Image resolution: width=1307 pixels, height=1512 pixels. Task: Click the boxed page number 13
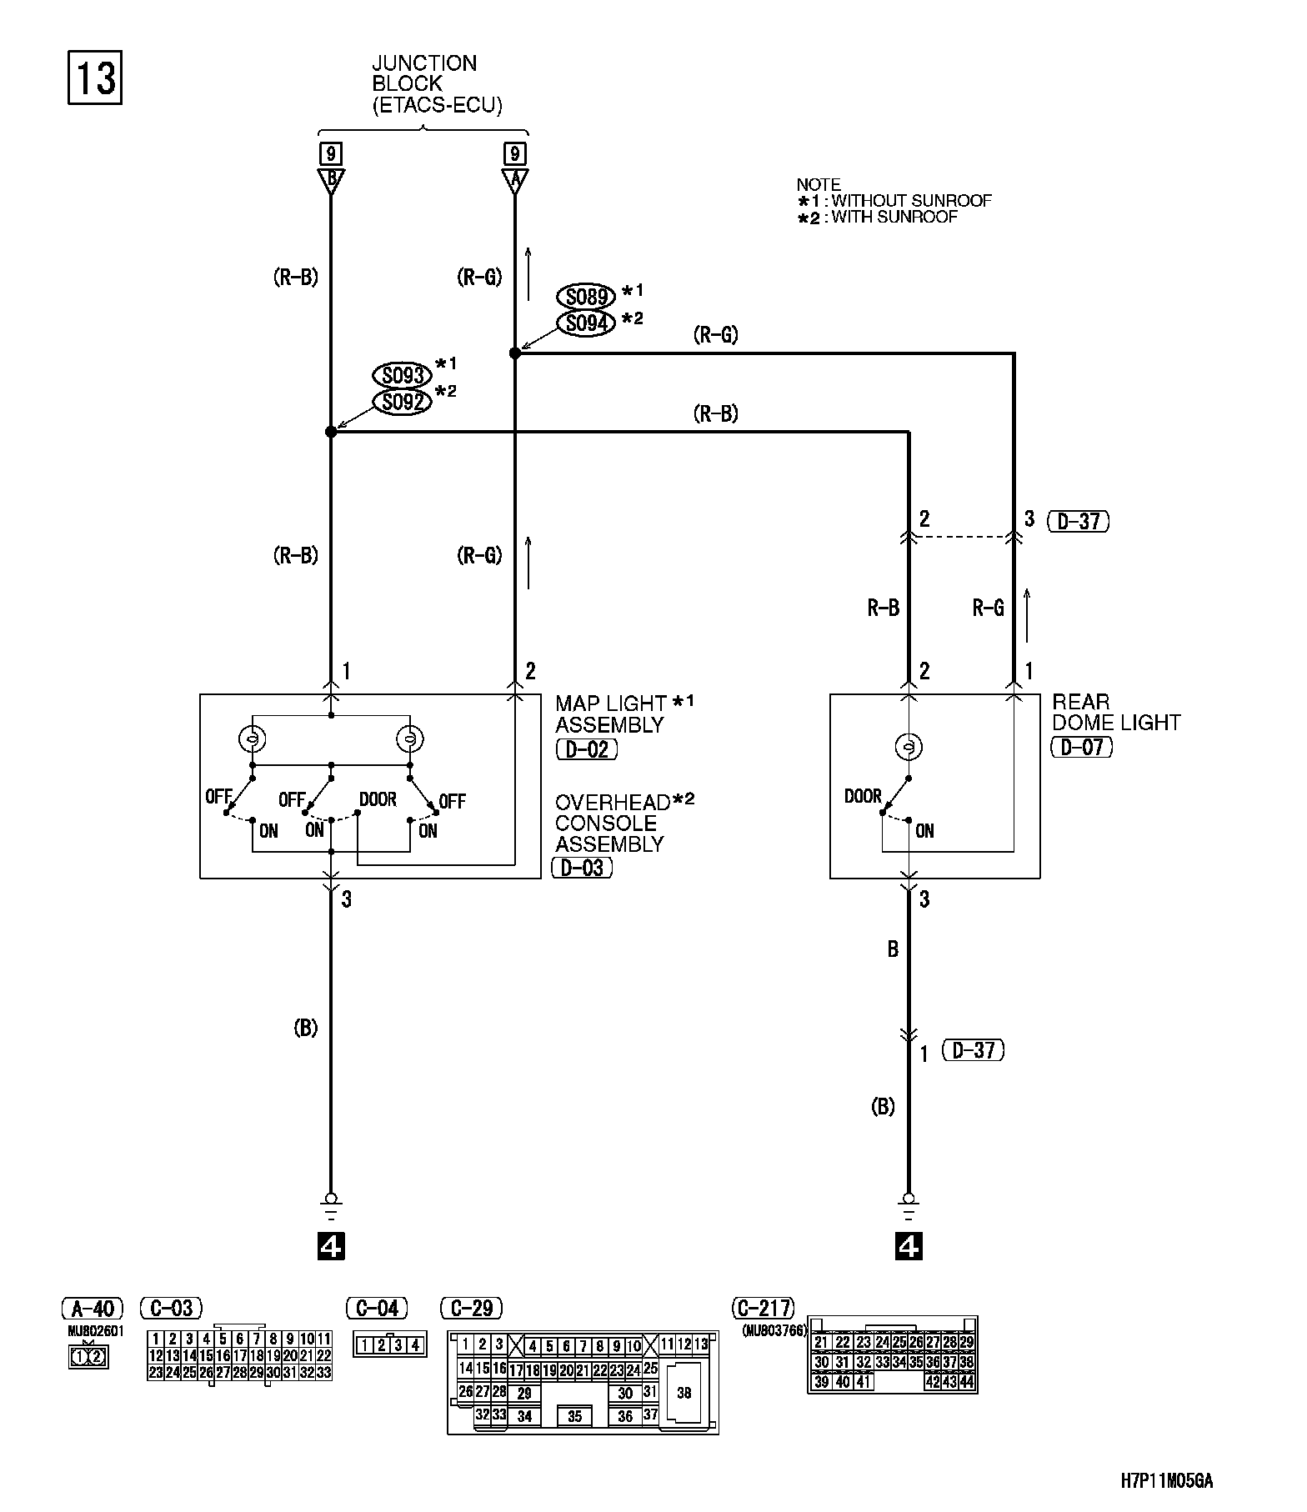point(94,78)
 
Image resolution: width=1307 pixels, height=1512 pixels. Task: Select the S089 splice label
point(585,296)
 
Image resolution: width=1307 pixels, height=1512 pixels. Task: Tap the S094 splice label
point(585,323)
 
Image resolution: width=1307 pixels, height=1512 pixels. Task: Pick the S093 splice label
point(402,375)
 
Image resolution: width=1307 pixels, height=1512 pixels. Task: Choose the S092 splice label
point(402,403)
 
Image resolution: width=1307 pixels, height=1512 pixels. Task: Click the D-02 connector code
point(587,748)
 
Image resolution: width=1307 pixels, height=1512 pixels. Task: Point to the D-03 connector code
point(582,868)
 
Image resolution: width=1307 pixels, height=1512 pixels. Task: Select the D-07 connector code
point(1082,747)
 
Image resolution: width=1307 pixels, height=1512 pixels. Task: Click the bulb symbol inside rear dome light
point(909,745)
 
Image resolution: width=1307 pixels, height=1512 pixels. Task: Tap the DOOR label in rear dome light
point(863,796)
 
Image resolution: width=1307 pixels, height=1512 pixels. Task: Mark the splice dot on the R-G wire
point(515,353)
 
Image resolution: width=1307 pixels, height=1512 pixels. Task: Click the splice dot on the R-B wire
point(331,432)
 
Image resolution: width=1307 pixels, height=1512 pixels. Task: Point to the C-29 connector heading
point(471,1308)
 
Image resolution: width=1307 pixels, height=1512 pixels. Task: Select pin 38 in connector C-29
point(684,1392)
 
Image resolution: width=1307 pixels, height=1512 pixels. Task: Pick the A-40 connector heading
point(93,1308)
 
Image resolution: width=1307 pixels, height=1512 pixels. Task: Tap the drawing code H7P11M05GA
point(1166,1480)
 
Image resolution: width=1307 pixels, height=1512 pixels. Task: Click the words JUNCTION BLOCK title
point(425,73)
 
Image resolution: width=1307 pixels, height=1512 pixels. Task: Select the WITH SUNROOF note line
point(878,217)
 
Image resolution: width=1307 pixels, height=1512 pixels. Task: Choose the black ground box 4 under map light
point(331,1247)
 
